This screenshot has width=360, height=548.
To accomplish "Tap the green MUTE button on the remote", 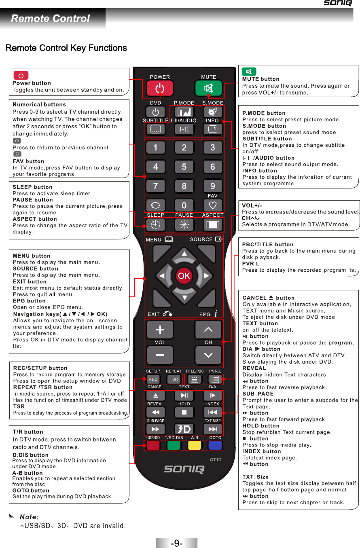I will tap(208, 88).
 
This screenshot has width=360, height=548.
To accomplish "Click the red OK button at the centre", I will tap(184, 276).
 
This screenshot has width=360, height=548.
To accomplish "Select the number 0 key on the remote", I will tap(184, 205).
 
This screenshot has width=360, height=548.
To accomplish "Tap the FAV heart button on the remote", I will tap(213, 205).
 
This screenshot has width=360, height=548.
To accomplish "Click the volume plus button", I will tap(160, 330).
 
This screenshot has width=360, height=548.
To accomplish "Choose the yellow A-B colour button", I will tap(195, 445).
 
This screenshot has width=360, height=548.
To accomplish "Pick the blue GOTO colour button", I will tap(215, 445).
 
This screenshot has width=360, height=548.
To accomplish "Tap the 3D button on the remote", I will tap(184, 429).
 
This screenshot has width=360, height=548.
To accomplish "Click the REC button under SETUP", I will tap(153, 379).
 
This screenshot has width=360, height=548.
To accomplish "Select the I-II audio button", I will tap(184, 129).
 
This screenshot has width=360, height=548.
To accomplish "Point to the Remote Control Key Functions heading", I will tap(66, 48).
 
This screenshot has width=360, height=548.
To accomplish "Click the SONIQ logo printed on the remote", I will tap(184, 469).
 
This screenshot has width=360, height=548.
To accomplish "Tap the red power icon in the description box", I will tap(21, 76).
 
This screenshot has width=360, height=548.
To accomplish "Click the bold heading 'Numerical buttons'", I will tap(39, 104).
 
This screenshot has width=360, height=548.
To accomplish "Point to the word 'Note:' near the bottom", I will tap(29, 517).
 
